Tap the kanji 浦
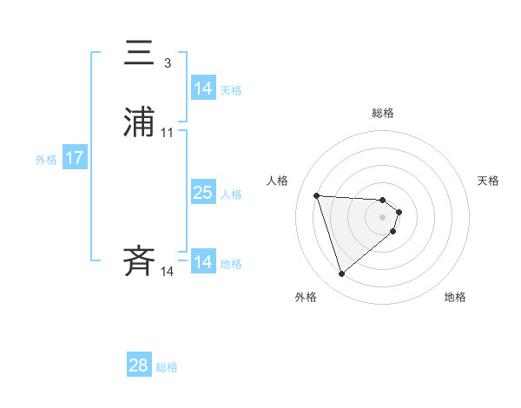point(139,123)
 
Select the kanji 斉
point(139,261)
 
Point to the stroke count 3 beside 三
point(167,63)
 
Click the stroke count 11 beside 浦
point(167,133)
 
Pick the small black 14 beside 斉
point(167,272)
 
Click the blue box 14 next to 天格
point(203,89)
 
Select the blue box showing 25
point(203,193)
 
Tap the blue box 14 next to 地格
point(203,262)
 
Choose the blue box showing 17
point(75,158)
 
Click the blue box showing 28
point(139,365)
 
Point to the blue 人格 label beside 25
point(231,194)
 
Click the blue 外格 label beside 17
point(46,160)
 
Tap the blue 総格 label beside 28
point(167,367)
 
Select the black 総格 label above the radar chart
point(383,114)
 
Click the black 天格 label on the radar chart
point(488,181)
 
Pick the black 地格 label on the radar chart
point(455,297)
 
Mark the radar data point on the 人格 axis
point(317,195)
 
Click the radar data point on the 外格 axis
point(342,274)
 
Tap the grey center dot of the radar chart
point(383,217)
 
